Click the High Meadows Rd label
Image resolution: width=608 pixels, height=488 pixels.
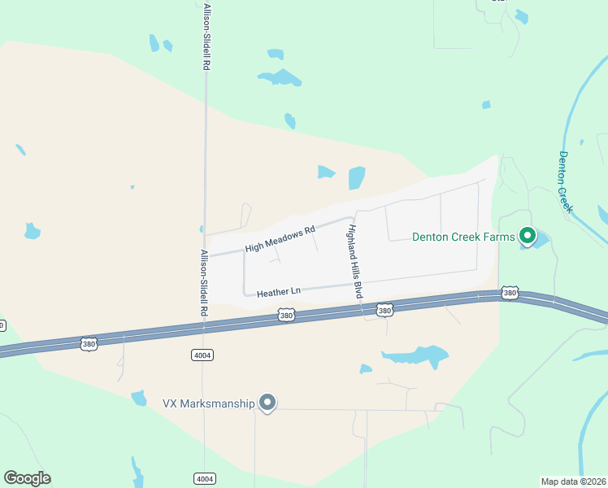280,239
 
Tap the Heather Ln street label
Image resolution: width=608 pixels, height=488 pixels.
279,291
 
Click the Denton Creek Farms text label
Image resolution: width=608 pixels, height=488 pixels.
463,237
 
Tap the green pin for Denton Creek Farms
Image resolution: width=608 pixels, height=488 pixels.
527,237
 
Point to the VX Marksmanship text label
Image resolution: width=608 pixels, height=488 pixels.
209,403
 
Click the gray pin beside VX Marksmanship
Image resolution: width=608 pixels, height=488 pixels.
267,403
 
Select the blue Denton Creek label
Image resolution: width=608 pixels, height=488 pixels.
566,182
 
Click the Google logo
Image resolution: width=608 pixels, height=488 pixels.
27,478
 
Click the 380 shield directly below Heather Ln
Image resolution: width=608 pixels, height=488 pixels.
285,314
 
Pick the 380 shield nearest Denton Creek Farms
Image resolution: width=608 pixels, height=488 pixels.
510,292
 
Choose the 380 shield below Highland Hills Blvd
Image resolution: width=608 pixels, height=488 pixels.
385,310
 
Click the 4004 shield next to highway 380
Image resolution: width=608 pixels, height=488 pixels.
202,355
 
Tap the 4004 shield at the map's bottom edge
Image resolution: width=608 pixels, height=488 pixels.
204,478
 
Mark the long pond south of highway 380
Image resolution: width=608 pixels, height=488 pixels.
416,355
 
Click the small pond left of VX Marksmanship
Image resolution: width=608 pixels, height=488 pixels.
139,398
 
